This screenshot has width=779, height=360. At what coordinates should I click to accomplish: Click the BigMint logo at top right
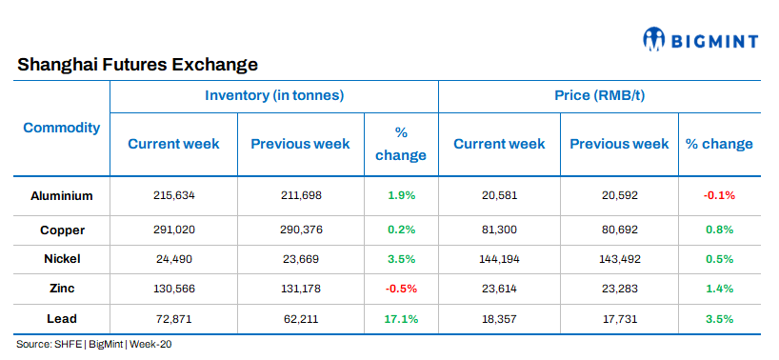(700, 39)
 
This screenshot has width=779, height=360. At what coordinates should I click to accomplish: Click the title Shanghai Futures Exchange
(137, 66)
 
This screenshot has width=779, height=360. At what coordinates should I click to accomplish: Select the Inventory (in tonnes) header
(274, 95)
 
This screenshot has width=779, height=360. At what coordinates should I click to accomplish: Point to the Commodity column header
(62, 128)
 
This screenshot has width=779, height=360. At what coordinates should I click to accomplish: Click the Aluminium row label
(62, 195)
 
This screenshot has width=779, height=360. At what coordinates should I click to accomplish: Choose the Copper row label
(62, 230)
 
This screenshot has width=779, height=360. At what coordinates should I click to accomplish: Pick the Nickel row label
(62, 258)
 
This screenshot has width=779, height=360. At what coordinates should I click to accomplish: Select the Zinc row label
(62, 289)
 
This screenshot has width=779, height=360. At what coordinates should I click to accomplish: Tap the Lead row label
(62, 318)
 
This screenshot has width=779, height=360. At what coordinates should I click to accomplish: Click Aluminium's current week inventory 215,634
(173, 195)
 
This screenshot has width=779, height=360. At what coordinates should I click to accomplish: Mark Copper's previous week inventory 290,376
(301, 230)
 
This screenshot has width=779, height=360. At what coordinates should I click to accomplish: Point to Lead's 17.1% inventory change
(401, 318)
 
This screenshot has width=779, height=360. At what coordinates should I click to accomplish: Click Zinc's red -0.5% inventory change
(401, 289)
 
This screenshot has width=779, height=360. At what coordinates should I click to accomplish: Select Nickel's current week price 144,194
(499, 258)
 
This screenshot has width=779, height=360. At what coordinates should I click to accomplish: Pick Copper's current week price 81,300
(499, 230)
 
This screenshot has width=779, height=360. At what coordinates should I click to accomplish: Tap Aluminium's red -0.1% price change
(719, 195)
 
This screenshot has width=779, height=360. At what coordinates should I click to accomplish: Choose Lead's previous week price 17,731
(619, 318)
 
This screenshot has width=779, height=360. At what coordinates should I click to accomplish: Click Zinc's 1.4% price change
(719, 289)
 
